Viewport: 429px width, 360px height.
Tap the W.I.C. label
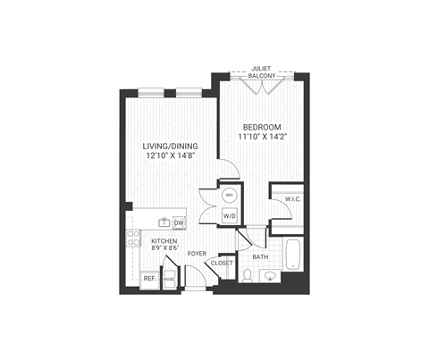pos(292,199)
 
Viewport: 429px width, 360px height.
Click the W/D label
pos(228,215)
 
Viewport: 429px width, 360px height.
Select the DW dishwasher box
pos(178,222)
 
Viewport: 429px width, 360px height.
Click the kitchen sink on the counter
pos(164,222)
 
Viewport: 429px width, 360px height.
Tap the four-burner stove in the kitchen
pos(133,239)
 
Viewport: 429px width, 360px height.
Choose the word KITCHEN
pos(164,242)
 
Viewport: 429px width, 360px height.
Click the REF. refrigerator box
pos(149,279)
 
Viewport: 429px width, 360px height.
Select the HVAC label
pos(169,279)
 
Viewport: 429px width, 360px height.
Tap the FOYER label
pos(197,255)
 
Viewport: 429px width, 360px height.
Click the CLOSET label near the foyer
pos(223,264)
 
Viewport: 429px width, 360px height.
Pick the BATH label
pos(260,257)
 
